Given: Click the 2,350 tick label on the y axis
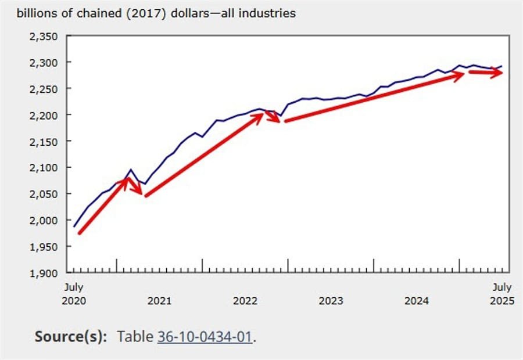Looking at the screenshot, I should (44, 37).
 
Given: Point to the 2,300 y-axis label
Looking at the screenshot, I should (44, 63).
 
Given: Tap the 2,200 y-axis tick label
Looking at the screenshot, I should (44, 115).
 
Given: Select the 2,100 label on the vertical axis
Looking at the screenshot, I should (44, 168).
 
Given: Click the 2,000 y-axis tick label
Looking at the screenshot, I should (44, 220).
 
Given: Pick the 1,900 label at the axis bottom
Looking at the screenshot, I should (44, 273).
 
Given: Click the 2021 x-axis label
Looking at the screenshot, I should (159, 301).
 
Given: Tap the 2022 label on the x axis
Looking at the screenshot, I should (245, 301).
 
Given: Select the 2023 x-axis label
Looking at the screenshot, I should (331, 301).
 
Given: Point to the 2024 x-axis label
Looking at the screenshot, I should (417, 301).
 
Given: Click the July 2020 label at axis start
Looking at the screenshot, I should (74, 294).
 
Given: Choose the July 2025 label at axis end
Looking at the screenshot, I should (501, 294).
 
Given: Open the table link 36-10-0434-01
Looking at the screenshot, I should (204, 336).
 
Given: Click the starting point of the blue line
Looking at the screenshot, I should (74, 226).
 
